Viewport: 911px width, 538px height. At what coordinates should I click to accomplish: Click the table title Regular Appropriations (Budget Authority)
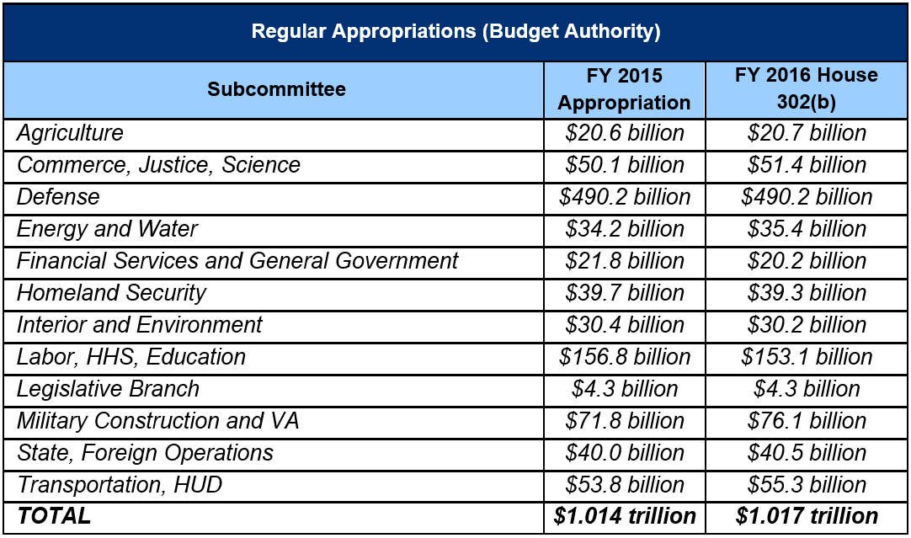(x=455, y=32)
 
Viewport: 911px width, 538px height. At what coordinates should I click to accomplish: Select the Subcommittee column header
(x=276, y=89)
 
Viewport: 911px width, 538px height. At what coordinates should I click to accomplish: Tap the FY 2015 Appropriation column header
(x=624, y=89)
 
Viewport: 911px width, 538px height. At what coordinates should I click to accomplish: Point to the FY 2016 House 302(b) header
(x=806, y=89)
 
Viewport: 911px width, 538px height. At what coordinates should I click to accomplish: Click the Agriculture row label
(x=70, y=133)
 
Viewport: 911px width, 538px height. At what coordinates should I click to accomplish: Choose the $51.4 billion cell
(x=806, y=165)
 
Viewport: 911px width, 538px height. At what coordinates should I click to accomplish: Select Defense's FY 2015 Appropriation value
(x=624, y=197)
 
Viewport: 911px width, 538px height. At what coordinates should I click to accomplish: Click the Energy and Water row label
(x=107, y=229)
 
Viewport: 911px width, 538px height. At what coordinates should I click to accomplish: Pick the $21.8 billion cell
(x=624, y=261)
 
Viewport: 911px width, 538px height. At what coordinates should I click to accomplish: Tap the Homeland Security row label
(x=111, y=293)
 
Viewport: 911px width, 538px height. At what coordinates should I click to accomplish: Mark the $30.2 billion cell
(x=806, y=325)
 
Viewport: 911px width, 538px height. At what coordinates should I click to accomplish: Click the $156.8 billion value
(x=624, y=357)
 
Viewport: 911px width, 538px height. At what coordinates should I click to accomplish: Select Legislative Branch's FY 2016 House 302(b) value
(x=806, y=389)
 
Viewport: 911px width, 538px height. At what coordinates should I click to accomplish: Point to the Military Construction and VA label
(x=157, y=421)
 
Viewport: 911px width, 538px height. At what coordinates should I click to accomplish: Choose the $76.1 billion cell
(x=806, y=421)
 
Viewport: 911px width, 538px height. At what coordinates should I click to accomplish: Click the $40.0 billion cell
(x=624, y=453)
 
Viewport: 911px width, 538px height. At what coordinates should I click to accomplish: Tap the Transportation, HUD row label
(x=120, y=485)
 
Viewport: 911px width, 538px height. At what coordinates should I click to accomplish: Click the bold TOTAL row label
(x=54, y=516)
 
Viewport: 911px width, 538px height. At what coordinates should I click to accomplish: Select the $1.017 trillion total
(x=806, y=516)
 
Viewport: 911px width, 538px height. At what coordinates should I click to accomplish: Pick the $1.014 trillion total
(x=624, y=516)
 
